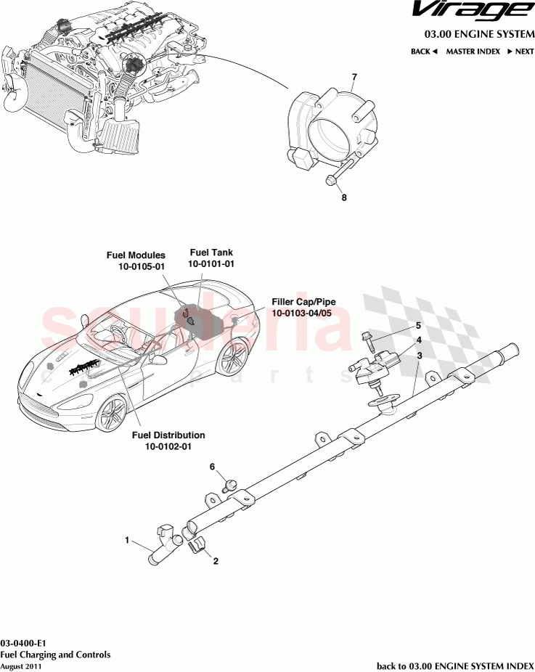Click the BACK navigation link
point(424,52)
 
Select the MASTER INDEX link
point(473,52)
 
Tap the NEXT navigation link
point(520,52)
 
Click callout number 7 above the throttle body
point(354,77)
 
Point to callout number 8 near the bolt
point(344,197)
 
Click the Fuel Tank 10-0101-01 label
point(211,258)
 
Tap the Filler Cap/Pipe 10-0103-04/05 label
point(303,307)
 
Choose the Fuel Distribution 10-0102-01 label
point(168,441)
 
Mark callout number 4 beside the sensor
point(419,340)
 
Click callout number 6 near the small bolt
point(213,467)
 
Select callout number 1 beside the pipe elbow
point(127,540)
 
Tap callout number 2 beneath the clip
point(216,561)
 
